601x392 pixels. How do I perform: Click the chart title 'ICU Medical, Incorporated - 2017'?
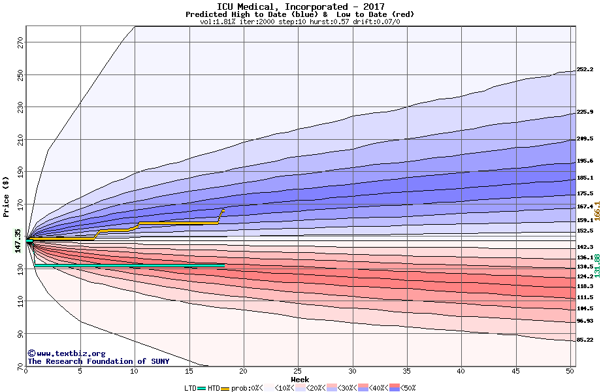(300, 7)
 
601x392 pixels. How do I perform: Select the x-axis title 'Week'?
(300, 379)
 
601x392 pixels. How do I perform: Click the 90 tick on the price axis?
(20, 333)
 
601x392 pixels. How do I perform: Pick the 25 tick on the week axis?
(298, 371)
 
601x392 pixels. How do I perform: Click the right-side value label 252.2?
(585, 70)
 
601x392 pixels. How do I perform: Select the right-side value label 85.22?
(585, 340)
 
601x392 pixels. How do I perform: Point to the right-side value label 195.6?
(585, 161)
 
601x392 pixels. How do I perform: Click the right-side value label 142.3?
(585, 247)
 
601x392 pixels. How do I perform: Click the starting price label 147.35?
(18, 240)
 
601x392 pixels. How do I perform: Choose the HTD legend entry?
(214, 387)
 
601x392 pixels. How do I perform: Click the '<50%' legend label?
(406, 387)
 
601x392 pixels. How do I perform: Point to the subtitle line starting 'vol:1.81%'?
(300, 22)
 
